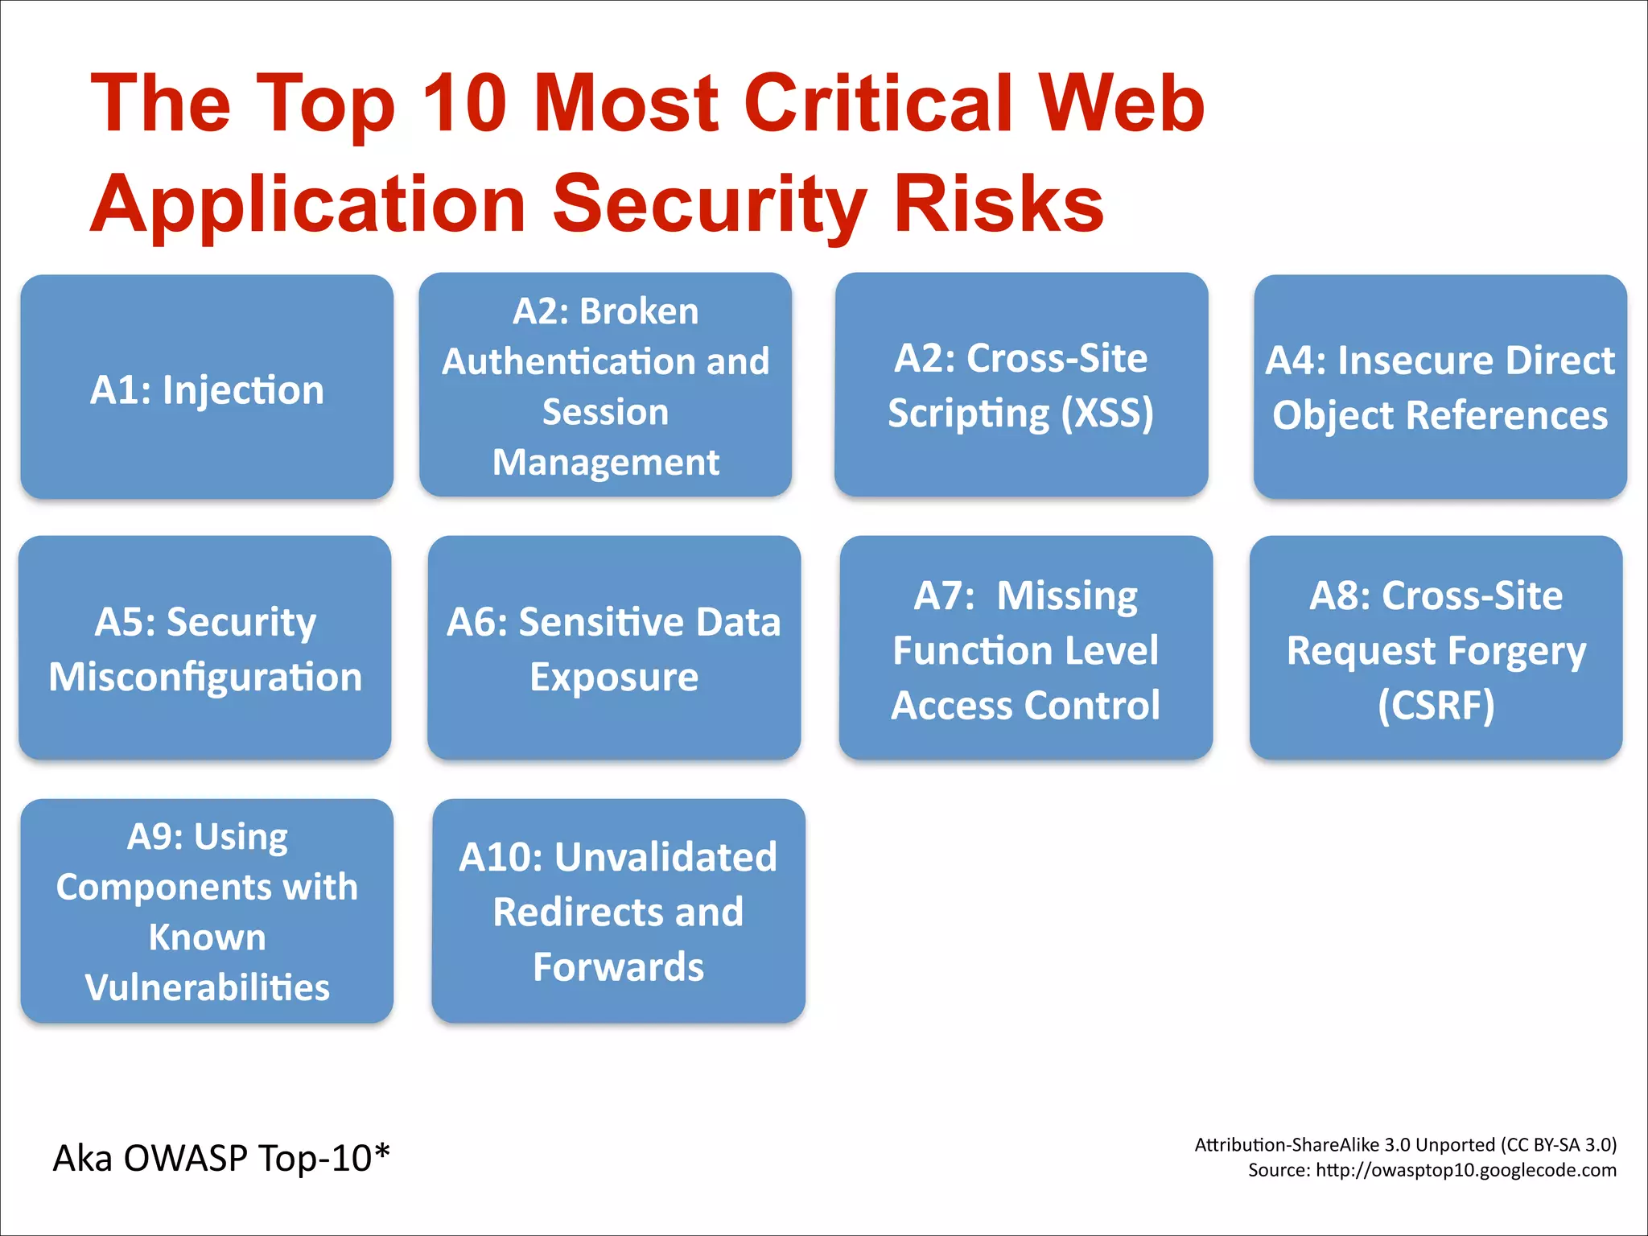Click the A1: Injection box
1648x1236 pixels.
click(207, 387)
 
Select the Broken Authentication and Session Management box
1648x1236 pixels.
click(605, 385)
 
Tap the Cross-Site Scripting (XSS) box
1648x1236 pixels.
click(1021, 385)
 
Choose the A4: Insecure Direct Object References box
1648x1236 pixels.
click(1440, 387)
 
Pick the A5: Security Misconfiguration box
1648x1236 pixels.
click(205, 648)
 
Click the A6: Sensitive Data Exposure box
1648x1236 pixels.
click(614, 648)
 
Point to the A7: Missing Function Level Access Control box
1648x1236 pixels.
click(1025, 648)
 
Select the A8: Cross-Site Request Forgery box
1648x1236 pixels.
click(1436, 648)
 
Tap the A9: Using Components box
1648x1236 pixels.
click(207, 911)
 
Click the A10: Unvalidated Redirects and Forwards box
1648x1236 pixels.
click(618, 911)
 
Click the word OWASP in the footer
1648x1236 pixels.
click(185, 1158)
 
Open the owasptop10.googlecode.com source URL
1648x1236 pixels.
click(1465, 1170)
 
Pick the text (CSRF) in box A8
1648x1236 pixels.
click(1436, 705)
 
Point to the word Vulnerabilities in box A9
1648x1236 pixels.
click(207, 987)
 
